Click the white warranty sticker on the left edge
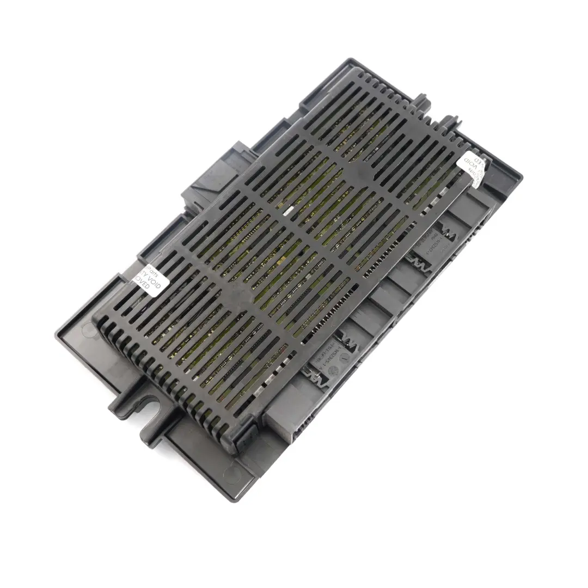(148, 280)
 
